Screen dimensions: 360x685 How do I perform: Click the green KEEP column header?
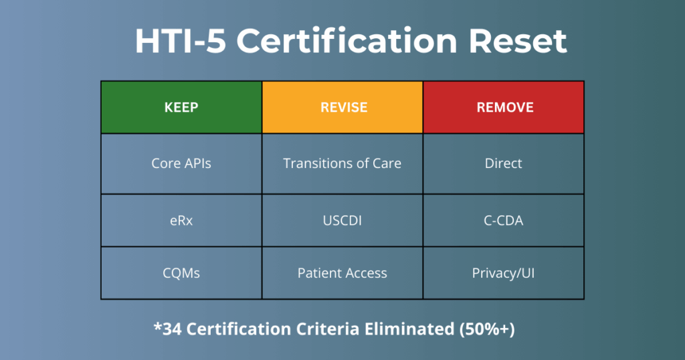[x=181, y=107]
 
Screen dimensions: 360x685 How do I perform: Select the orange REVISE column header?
[x=342, y=107]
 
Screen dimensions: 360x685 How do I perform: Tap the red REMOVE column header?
[x=504, y=107]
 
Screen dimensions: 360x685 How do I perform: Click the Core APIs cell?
[x=181, y=163]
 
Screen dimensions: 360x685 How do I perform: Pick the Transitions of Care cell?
[x=342, y=163]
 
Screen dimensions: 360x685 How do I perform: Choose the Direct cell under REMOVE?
[x=504, y=163]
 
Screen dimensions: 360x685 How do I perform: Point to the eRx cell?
[x=181, y=220]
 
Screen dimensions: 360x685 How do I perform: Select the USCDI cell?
[x=342, y=220]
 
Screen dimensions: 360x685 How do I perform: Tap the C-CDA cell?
[x=504, y=220]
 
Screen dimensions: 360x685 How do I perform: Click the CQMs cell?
[x=181, y=273]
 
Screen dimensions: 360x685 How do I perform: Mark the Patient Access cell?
[x=342, y=273]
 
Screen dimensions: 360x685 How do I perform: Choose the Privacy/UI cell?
[x=504, y=273]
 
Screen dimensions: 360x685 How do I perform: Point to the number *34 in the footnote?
[x=169, y=329]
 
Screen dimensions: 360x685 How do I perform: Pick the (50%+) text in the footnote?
[x=496, y=329]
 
